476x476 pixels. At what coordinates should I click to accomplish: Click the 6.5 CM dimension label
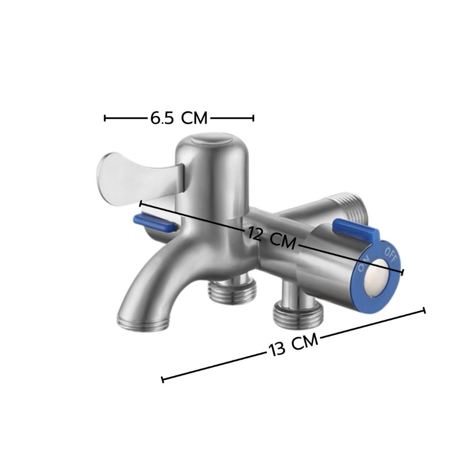(x=179, y=118)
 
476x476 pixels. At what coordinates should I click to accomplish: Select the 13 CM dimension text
(x=293, y=344)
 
